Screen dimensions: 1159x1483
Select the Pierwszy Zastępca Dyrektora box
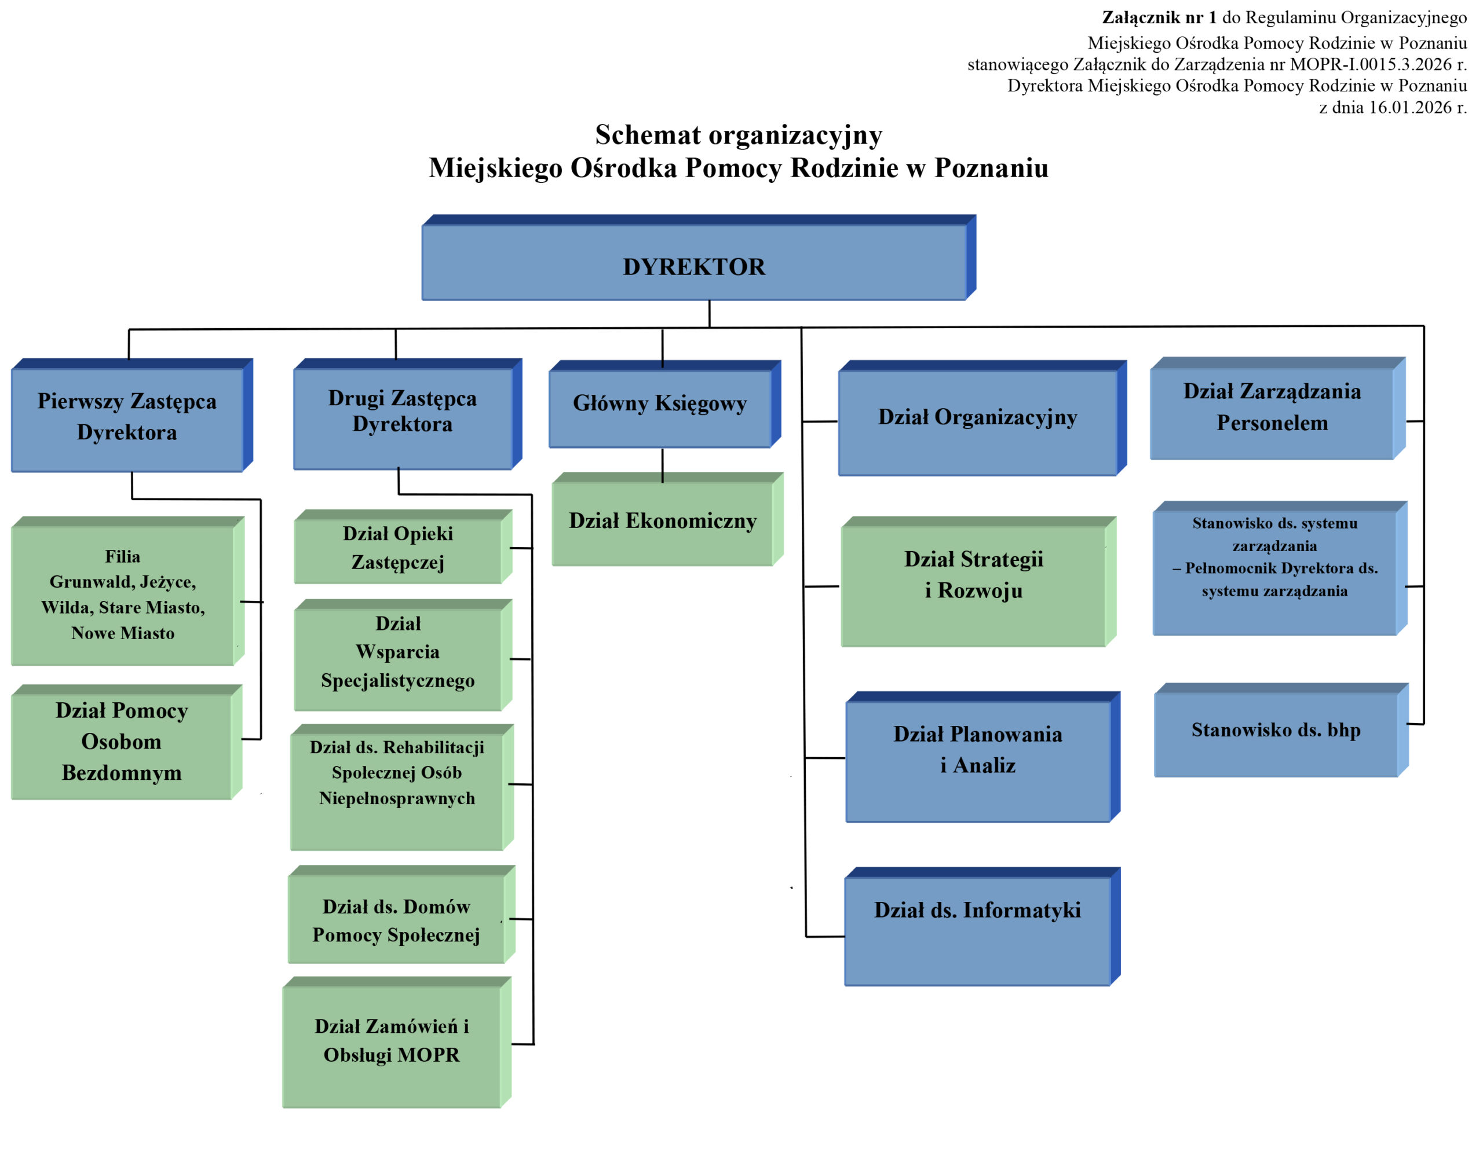point(127,419)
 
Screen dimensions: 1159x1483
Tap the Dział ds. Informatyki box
point(977,930)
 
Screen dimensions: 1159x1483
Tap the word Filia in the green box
point(123,557)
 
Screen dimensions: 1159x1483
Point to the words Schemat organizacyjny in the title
point(738,135)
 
